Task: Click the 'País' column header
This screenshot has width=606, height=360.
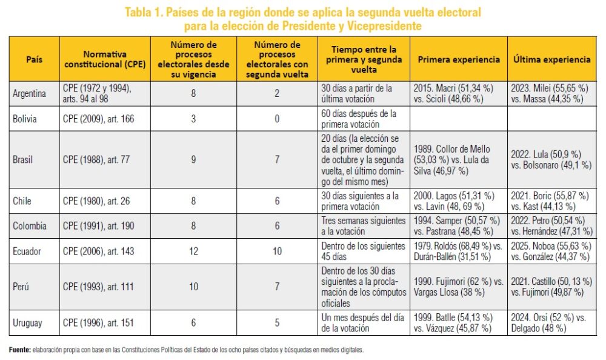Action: pos(34,59)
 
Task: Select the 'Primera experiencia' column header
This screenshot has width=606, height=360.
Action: pos(459,59)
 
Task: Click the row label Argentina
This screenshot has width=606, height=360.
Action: pos(29,94)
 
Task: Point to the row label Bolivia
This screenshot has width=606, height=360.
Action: pos(25,119)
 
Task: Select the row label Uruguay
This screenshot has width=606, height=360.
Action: pos(27,323)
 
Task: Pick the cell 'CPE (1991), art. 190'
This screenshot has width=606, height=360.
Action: pos(99,226)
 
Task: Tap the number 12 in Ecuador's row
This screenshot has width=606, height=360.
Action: pos(193,252)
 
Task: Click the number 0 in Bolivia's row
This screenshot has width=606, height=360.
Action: pos(277,119)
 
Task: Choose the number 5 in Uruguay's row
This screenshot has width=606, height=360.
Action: pos(277,323)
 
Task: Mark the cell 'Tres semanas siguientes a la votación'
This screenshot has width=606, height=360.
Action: pos(362,226)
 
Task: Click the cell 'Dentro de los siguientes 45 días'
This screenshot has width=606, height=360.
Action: pos(362,252)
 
